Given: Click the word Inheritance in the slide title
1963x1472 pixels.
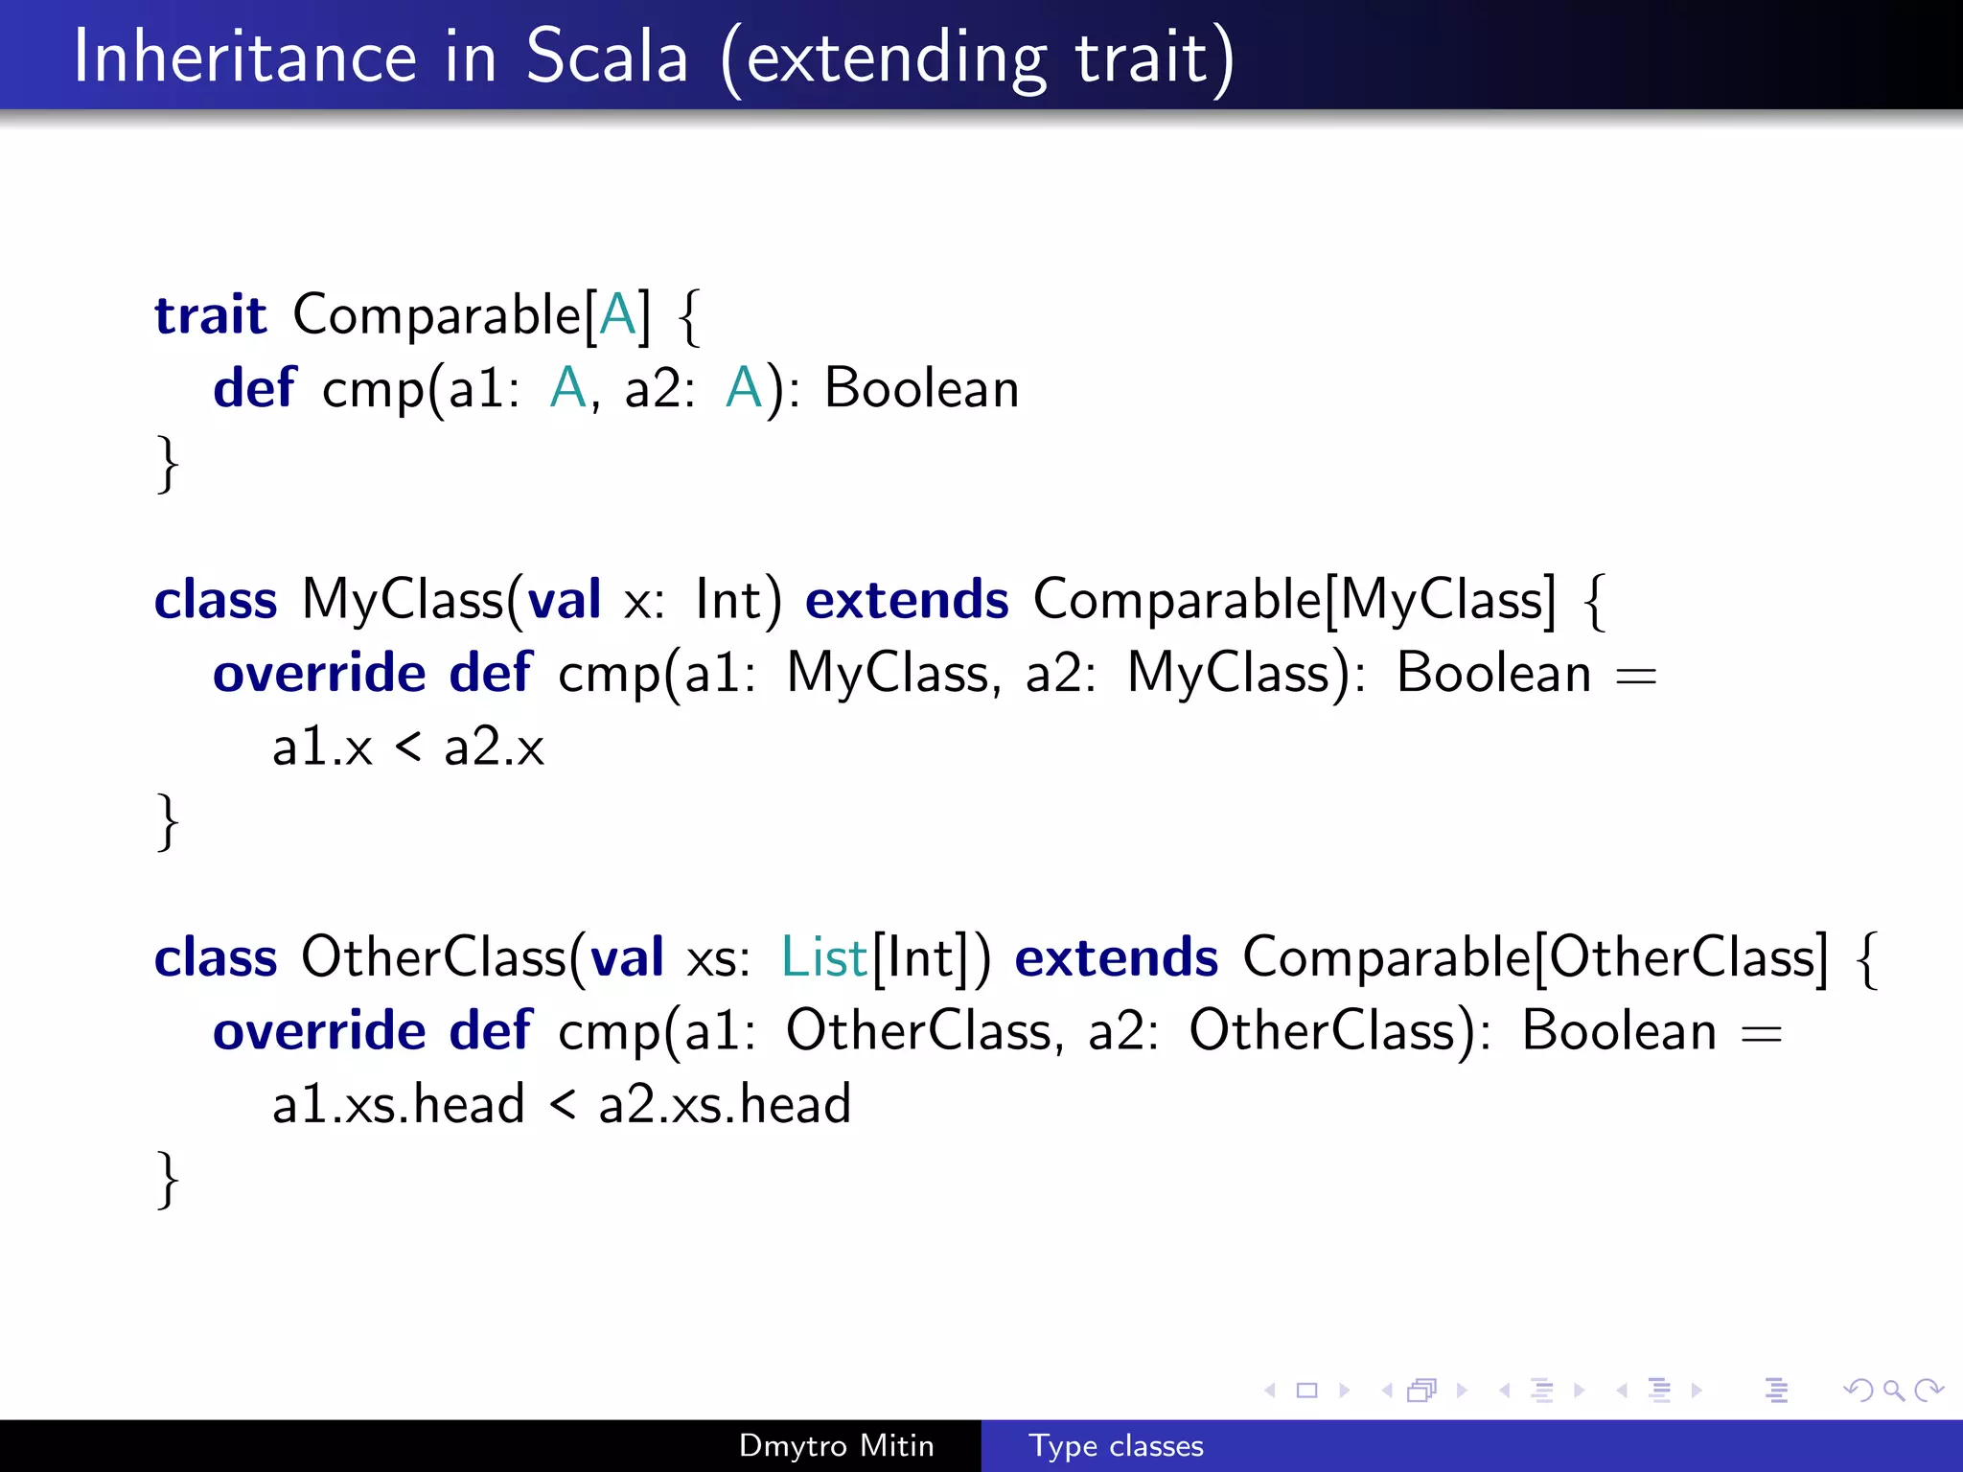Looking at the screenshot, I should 244,57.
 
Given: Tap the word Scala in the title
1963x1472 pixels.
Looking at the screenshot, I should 608,57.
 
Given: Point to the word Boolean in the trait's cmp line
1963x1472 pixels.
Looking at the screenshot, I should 921,388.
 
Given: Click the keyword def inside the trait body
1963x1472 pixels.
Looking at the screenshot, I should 255,388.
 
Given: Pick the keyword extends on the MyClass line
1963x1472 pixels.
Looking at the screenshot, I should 907,600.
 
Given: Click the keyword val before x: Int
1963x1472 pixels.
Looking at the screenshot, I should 565,600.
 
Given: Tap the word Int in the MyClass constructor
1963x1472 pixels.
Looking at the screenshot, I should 728,600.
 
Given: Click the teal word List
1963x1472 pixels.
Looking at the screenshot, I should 823,957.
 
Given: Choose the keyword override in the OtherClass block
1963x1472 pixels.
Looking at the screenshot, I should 319,1031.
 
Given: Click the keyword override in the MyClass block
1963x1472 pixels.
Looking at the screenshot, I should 319,673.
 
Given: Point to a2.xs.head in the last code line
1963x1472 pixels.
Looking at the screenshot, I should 725,1104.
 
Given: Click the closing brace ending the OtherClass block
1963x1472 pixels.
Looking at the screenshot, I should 168,1179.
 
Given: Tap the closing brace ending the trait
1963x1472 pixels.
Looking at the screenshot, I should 168,463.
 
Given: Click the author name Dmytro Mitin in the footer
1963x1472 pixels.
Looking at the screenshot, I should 836,1446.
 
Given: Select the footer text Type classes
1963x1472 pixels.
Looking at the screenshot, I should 1116,1446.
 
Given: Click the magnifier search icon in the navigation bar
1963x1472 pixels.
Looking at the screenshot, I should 1893,1390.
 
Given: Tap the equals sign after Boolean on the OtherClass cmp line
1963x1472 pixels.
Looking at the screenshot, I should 1762,1033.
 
